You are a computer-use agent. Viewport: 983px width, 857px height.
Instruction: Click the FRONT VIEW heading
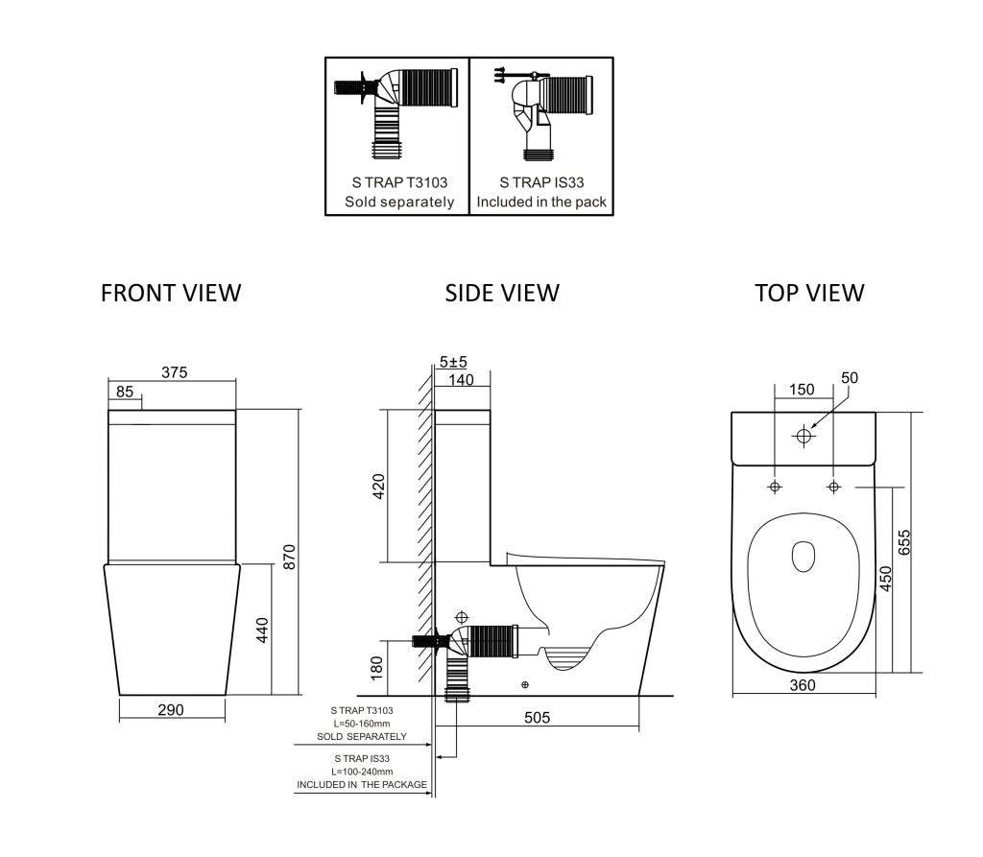(171, 293)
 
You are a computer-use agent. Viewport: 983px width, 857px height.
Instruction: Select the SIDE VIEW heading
(501, 293)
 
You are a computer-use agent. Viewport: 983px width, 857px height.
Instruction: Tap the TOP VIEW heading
(809, 293)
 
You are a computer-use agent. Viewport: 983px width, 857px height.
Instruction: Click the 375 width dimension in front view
(174, 372)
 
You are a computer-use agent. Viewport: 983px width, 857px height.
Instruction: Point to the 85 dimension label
(125, 392)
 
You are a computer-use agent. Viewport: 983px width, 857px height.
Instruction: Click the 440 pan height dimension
(262, 630)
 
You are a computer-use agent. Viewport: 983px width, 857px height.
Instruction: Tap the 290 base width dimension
(170, 709)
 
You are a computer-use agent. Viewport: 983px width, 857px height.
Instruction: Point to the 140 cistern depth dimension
(462, 379)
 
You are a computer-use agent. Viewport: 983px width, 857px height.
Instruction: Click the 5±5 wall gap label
(453, 362)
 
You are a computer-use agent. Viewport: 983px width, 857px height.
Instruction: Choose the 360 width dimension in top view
(803, 684)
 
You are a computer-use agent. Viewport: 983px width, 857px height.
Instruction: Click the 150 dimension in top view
(801, 390)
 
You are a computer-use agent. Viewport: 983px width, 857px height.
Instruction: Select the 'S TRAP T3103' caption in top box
(398, 181)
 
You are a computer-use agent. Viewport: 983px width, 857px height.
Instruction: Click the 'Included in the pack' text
(541, 202)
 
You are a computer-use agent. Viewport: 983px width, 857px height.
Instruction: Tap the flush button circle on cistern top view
(803, 437)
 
